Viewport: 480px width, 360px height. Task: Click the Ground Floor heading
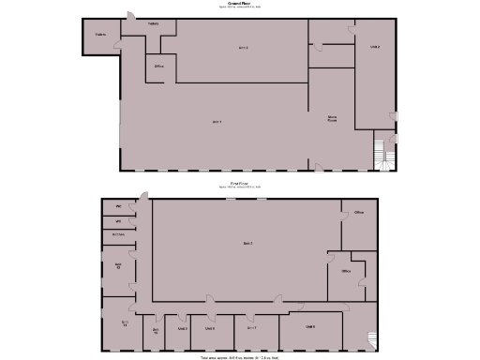pyautogui.click(x=240, y=5)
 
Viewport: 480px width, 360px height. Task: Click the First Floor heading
pyautogui.click(x=238, y=184)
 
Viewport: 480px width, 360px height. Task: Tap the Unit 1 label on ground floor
pyautogui.click(x=217, y=122)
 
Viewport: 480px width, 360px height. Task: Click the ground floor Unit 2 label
pyautogui.click(x=374, y=47)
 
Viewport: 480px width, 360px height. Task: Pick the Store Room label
pyautogui.click(x=332, y=119)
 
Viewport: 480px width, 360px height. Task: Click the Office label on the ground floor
pyautogui.click(x=159, y=67)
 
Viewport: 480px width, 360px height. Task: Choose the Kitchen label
pyautogui.click(x=118, y=233)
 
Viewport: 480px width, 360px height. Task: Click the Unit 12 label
pyautogui.click(x=118, y=266)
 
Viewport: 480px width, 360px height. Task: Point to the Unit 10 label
pyautogui.click(x=155, y=329)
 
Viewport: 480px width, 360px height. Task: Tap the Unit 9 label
pyautogui.click(x=183, y=328)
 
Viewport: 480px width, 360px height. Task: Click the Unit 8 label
pyautogui.click(x=211, y=328)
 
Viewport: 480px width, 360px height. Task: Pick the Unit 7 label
pyautogui.click(x=252, y=328)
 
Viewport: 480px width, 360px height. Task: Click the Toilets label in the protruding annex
pyautogui.click(x=98, y=36)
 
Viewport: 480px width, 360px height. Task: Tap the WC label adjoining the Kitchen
pyautogui.click(x=118, y=220)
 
